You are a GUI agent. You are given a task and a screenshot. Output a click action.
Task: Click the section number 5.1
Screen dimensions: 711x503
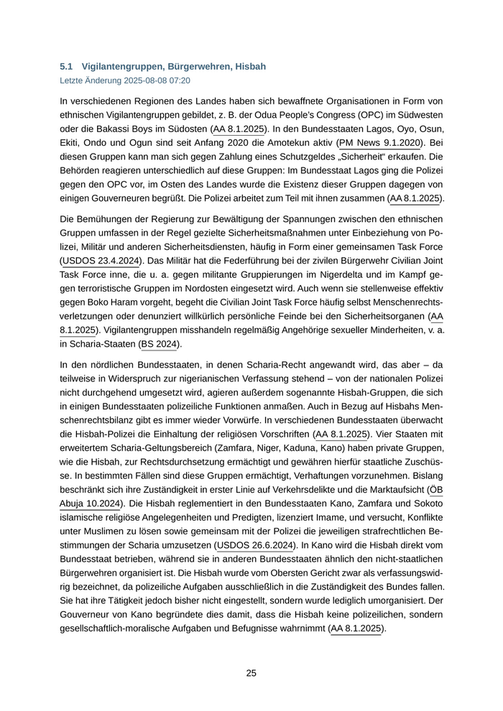click(65, 66)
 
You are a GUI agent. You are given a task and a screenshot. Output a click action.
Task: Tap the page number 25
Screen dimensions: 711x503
click(251, 673)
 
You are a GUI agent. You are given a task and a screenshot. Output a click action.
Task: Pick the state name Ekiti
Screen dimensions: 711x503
click(72, 143)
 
